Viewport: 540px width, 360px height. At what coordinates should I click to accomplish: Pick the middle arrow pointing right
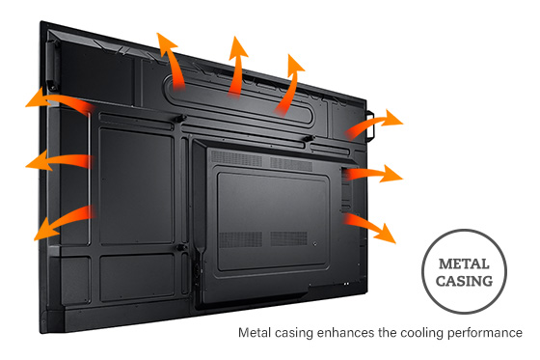(x=376, y=175)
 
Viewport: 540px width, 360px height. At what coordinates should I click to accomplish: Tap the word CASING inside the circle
(x=465, y=282)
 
